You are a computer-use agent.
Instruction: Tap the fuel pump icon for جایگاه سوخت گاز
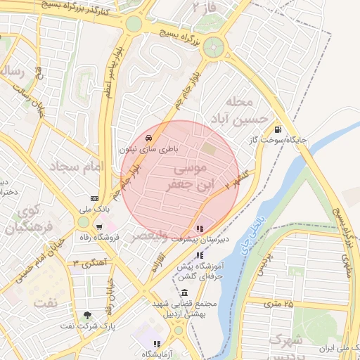click(x=279, y=129)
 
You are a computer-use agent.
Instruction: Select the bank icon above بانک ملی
click(x=94, y=198)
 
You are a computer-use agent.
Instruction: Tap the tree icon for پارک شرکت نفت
click(x=87, y=316)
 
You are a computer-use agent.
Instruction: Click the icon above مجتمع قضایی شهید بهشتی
click(x=184, y=292)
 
